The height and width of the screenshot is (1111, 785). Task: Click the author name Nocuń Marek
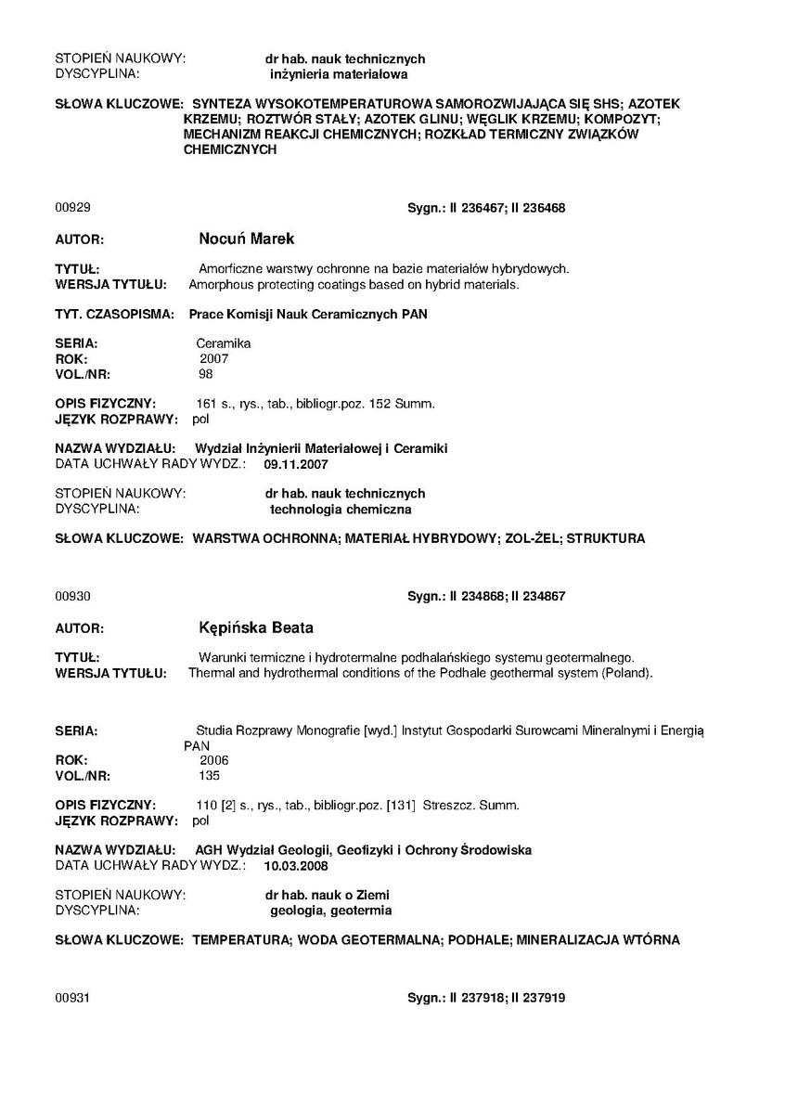click(247, 239)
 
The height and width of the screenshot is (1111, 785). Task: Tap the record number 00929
click(73, 208)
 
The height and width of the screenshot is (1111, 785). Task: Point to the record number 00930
click(73, 596)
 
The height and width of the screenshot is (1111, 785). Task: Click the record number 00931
click(73, 998)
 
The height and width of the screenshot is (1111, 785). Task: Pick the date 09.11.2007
click(296, 463)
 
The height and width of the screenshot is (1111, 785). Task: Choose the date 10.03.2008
click(296, 865)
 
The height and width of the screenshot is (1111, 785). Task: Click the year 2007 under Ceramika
click(213, 358)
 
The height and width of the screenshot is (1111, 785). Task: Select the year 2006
click(201, 760)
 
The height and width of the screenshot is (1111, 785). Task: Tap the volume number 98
click(206, 374)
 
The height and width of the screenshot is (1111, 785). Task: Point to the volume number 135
click(210, 775)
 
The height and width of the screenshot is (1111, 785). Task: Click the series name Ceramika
click(223, 343)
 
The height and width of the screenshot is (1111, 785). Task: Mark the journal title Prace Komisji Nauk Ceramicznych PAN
click(308, 315)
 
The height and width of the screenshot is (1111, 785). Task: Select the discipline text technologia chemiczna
click(341, 509)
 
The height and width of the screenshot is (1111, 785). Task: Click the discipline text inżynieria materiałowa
click(338, 73)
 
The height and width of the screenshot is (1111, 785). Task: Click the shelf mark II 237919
click(538, 998)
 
